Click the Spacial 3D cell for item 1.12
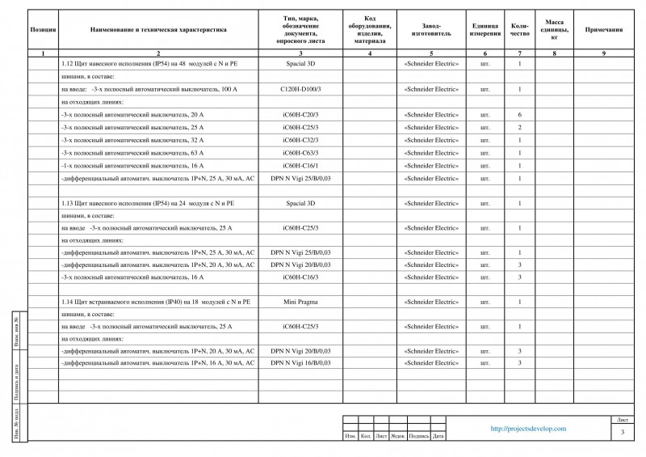click(x=300, y=63)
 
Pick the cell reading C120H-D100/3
click(x=300, y=89)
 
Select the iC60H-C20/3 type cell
click(x=300, y=115)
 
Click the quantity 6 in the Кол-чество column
click(x=519, y=115)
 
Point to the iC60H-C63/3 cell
click(x=300, y=153)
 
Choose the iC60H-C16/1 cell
click(x=300, y=165)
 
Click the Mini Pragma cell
click(x=300, y=302)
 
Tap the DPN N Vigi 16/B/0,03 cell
click(x=300, y=363)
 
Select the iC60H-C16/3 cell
click(x=300, y=277)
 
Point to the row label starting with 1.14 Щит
click(x=154, y=302)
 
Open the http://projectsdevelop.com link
click(x=528, y=429)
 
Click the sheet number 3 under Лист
click(x=623, y=434)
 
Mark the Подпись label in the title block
click(x=418, y=437)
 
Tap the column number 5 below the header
click(x=430, y=53)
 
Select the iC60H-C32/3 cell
click(x=300, y=140)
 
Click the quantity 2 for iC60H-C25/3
click(x=519, y=128)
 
